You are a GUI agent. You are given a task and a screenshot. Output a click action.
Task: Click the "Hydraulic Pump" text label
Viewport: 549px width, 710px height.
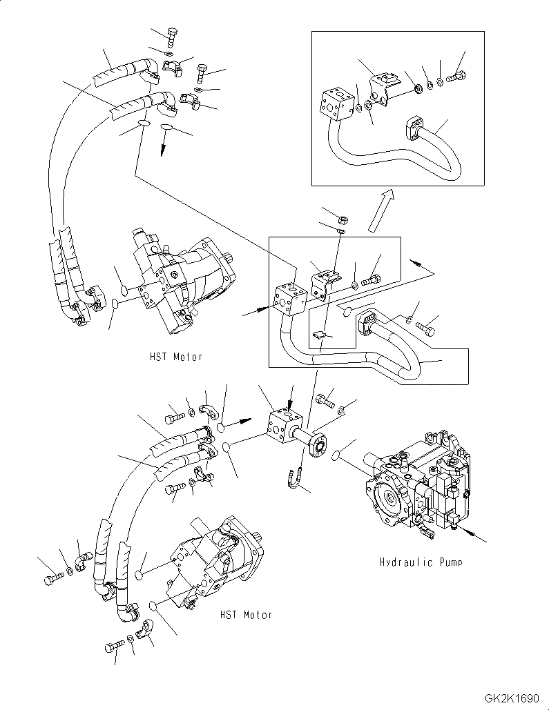coord(421,562)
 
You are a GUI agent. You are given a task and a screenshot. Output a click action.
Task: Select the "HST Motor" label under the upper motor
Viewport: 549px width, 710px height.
coord(175,357)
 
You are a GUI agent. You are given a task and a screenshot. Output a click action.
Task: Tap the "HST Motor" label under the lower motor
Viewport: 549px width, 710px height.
coord(245,614)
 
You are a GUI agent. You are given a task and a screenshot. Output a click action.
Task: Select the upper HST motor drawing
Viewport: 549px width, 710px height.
coord(183,283)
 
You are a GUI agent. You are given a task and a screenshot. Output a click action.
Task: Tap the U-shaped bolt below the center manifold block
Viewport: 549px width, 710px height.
coord(293,480)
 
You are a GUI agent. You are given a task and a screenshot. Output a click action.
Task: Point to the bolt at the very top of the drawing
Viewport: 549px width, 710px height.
coord(172,34)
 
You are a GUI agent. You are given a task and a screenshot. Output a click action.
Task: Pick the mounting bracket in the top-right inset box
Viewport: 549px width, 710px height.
coord(382,86)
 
